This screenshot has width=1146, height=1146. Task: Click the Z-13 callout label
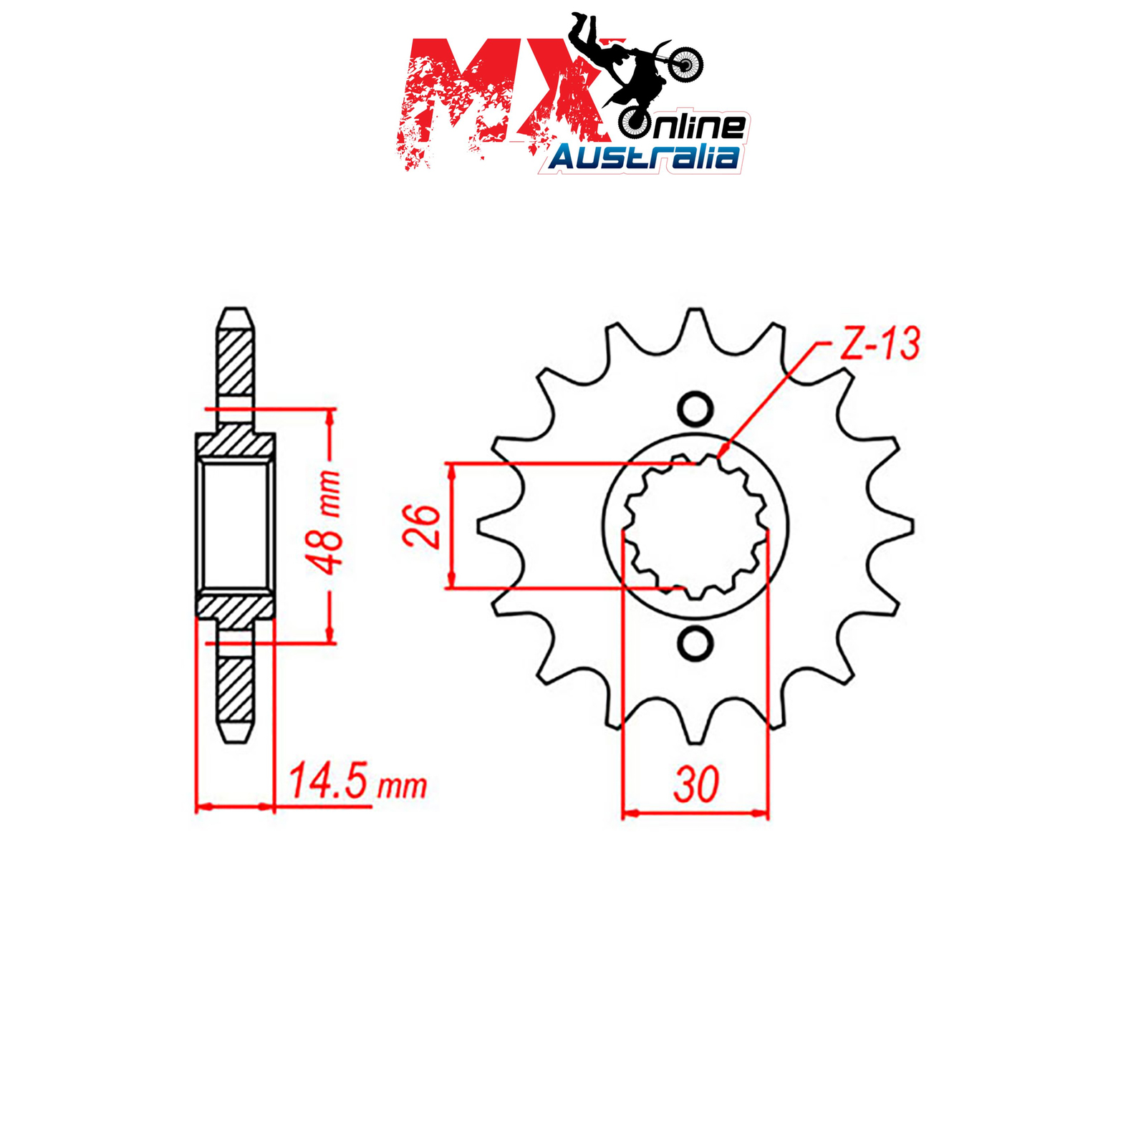click(879, 344)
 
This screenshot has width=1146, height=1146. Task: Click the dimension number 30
click(695, 784)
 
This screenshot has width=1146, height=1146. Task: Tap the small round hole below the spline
click(695, 644)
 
